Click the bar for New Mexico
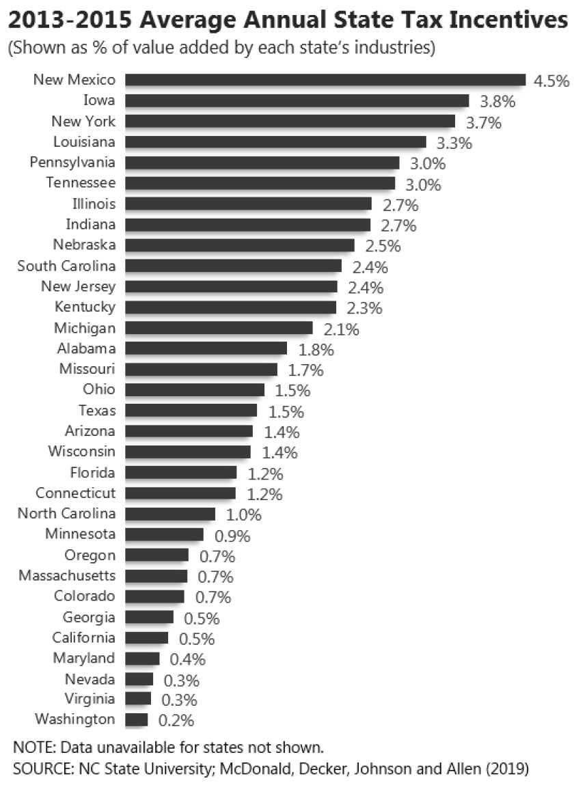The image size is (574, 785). tap(325, 81)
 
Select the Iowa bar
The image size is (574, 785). tap(297, 101)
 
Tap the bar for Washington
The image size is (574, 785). tap(137, 719)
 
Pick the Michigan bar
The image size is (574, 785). tap(219, 328)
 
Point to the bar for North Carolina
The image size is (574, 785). tap(170, 514)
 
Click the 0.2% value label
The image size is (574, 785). tap(176, 720)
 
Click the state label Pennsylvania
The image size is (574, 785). tap(72, 163)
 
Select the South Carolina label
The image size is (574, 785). tap(66, 266)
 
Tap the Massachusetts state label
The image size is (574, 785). tap(67, 575)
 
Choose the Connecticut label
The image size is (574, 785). tap(76, 493)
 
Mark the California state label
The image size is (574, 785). tap(84, 637)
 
